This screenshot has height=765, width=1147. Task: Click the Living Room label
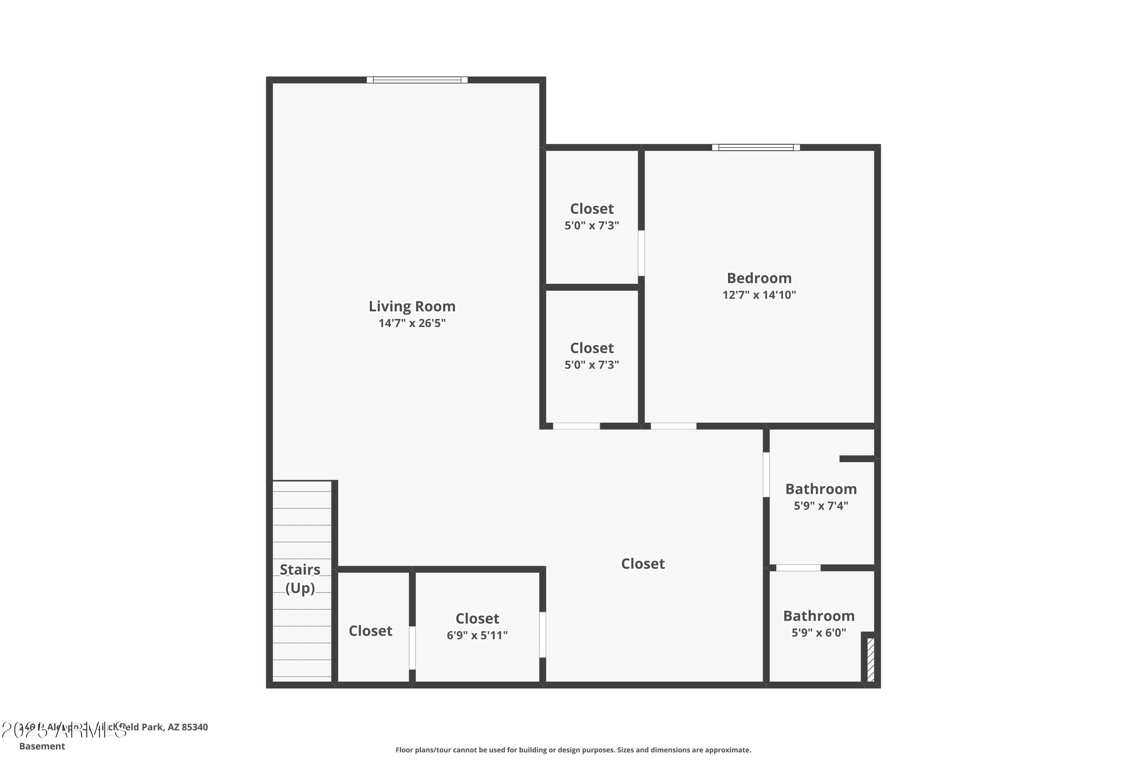coord(412,306)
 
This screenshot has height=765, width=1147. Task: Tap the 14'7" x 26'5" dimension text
coord(412,323)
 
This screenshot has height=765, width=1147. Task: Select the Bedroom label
coord(759,278)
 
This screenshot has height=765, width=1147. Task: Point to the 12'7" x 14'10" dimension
coord(759,295)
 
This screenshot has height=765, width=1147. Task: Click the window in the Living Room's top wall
coord(417,80)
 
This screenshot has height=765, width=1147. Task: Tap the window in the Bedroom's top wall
coord(755,147)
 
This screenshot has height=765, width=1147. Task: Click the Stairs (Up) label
coord(300,579)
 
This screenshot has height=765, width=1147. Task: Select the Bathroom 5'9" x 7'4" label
coord(821,489)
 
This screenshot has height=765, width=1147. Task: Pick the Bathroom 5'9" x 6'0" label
coord(819,616)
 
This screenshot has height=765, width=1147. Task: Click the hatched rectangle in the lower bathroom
coord(871,659)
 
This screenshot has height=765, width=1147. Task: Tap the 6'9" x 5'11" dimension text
coord(477,635)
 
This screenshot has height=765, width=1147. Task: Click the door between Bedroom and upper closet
coord(641,253)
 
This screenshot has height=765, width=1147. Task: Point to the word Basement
coord(42,746)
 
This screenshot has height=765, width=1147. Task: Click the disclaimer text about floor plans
coord(573,750)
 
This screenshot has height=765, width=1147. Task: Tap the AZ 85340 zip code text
coord(188,727)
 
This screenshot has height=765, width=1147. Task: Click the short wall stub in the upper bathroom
coord(856,459)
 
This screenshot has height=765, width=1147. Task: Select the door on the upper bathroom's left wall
coord(766,475)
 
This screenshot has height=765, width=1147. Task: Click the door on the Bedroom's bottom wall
coord(673,426)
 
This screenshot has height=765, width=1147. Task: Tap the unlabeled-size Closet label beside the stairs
coord(370,631)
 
